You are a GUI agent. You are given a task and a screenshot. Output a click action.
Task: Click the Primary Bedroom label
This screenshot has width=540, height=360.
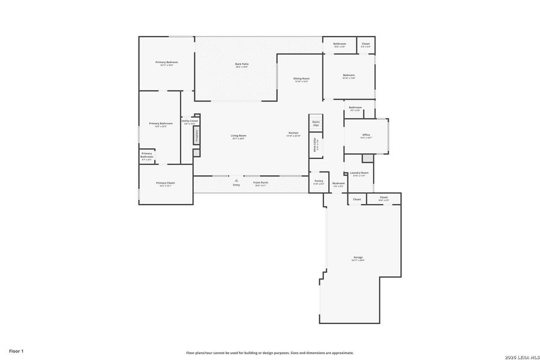pos(167,62)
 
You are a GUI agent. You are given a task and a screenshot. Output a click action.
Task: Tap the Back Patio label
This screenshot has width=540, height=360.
pos(242,64)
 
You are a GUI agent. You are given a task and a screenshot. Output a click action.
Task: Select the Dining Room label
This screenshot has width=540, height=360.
pos(301,79)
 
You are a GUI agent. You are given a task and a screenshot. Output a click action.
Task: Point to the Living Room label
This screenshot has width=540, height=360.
pos(239,136)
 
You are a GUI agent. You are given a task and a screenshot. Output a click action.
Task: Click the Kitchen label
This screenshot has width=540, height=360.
pos(293,133)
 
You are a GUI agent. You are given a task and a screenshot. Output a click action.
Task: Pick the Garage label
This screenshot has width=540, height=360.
pos(358,258)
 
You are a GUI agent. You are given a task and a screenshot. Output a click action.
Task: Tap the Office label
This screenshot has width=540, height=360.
pos(366,135)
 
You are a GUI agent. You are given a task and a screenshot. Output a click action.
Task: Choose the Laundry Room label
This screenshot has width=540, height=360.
pos(359,173)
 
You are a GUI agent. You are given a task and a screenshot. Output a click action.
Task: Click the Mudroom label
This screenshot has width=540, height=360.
pos(338,184)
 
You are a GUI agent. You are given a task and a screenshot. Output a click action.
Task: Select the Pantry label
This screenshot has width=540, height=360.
pos(319,181)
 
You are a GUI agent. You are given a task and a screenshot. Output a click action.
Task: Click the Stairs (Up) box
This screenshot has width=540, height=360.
pos(316,122)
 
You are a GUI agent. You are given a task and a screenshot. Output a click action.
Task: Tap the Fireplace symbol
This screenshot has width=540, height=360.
pos(197,136)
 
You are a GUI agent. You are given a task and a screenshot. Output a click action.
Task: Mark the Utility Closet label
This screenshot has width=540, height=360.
pos(190,121)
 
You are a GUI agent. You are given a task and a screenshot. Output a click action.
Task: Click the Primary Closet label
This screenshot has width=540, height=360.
pos(166,183)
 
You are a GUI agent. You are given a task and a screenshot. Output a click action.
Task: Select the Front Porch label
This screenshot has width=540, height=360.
pos(260,183)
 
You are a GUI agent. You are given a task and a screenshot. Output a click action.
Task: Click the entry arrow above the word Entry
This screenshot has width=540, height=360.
pos(236,179)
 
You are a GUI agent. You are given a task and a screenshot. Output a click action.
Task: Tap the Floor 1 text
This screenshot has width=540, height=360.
pos(16,350)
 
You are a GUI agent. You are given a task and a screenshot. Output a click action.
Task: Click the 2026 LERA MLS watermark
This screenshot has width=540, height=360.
pos(518,356)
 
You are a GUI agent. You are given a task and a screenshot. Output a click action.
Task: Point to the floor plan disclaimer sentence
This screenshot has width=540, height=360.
pos(269,353)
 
